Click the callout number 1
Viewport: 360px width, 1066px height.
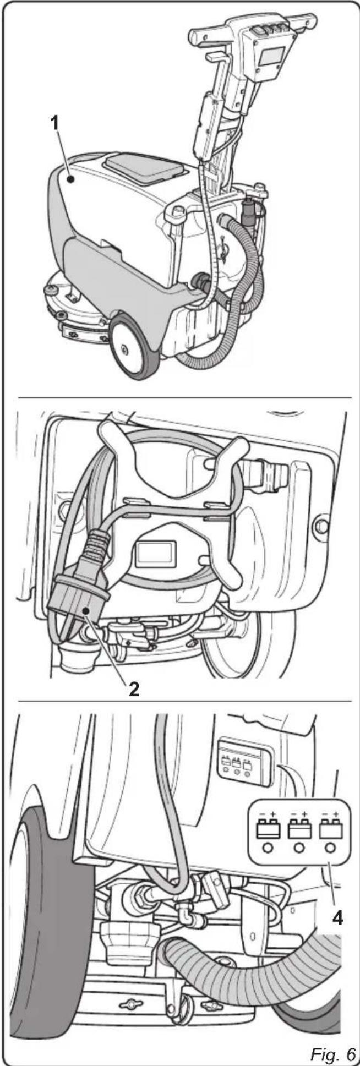(x=54, y=123)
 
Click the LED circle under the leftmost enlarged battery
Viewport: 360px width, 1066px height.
(x=268, y=848)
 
